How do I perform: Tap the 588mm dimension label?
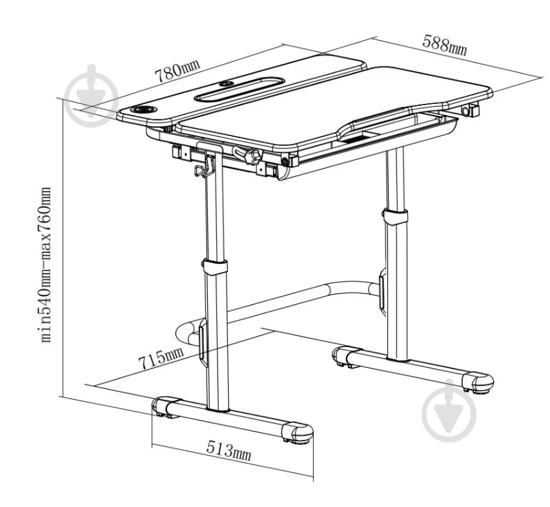pos(445,45)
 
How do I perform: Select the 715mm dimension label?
pos(161,358)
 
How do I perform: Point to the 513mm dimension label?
pos(229,451)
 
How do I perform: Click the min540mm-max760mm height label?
pos(46,264)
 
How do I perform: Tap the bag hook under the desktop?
pos(204,166)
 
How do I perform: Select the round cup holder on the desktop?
pos(144,110)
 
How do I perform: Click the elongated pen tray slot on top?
pos(239,90)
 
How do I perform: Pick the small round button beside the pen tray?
pos(225,84)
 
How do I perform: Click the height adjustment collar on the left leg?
pos(214,266)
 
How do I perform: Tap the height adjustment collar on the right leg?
pos(395,216)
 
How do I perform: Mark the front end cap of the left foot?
pos(298,433)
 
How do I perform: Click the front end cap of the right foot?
pos(478,382)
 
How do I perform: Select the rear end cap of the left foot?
pos(163,406)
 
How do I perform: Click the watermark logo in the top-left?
pos(92,95)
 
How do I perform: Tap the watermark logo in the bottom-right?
pos(449,410)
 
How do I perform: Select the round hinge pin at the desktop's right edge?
pos(466,112)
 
